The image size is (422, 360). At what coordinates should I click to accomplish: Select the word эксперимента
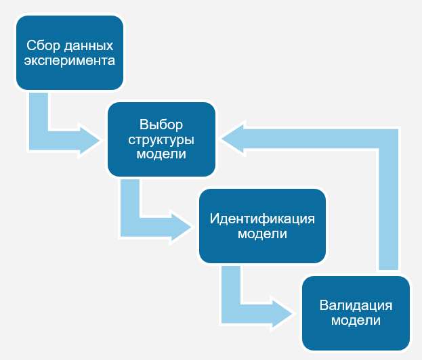click(70, 60)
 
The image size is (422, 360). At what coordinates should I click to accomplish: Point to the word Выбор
click(161, 125)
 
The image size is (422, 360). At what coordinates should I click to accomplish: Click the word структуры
click(161, 139)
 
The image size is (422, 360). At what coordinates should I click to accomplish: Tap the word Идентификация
click(262, 219)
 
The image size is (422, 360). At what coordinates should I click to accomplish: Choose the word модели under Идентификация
click(262, 234)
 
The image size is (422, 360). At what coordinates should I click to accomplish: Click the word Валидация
click(356, 305)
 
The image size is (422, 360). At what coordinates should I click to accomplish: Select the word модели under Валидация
click(356, 320)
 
